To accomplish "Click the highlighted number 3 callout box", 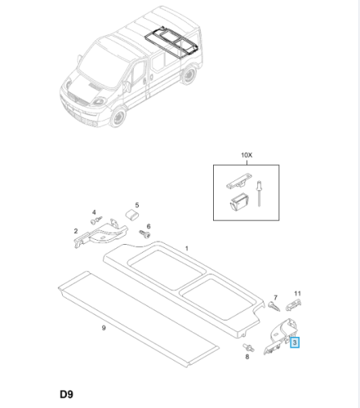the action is click(x=295, y=343).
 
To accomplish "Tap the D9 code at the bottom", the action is click(x=66, y=394).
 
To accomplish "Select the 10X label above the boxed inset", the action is click(x=247, y=155).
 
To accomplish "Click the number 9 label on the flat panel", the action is click(x=104, y=328).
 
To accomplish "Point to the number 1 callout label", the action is click(x=187, y=248).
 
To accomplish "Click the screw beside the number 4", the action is click(x=96, y=220).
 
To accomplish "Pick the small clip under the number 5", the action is click(x=132, y=215).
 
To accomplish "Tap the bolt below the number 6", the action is click(x=144, y=233).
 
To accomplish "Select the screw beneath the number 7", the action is click(x=274, y=307).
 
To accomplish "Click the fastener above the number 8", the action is click(x=248, y=348).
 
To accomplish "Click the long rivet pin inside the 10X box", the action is click(x=259, y=193).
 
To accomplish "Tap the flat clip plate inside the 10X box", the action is click(x=239, y=181).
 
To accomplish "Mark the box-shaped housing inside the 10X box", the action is click(x=239, y=202).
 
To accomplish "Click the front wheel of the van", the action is click(x=118, y=117).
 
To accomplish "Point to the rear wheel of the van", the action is click(x=189, y=75).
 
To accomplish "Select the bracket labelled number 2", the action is click(x=100, y=233).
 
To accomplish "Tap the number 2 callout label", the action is click(x=76, y=231).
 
